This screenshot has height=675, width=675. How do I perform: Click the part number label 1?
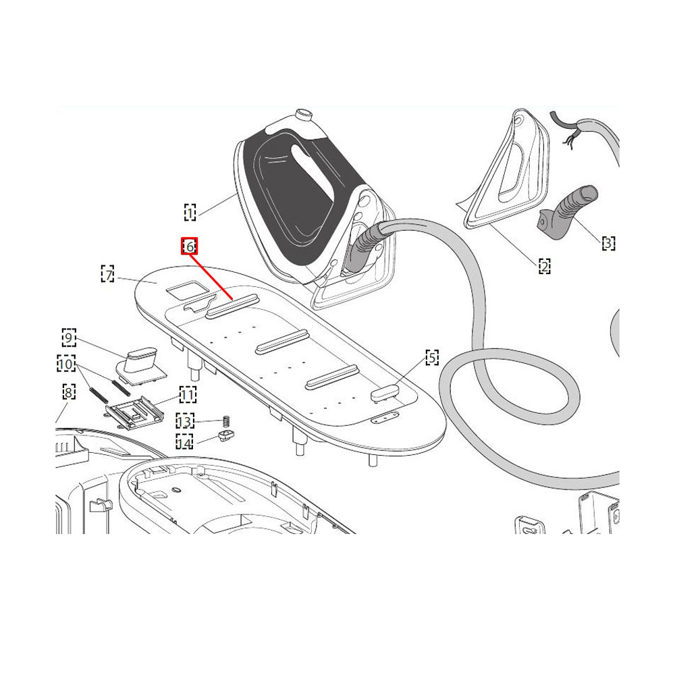point(190,212)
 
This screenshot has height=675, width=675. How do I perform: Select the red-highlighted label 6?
point(190,246)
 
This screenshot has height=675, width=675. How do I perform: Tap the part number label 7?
point(107,274)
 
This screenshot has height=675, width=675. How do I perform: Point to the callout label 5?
point(432,357)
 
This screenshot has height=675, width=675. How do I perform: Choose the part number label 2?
point(545,266)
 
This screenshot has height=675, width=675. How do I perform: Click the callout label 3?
point(608,243)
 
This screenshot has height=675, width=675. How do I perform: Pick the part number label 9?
point(69,337)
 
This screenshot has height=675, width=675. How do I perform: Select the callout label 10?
point(66,364)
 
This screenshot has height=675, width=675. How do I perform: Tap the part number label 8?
point(69,392)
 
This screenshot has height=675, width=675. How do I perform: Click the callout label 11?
point(188,394)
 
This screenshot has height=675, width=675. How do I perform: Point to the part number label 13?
point(185,421)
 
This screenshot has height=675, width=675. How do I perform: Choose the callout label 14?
point(184,441)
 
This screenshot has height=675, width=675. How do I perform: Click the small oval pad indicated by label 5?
point(385,393)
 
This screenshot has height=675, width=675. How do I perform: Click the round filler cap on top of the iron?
point(304,114)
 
